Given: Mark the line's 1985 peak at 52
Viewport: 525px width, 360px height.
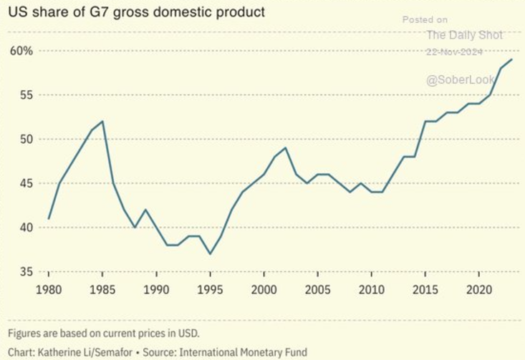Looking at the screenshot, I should tap(103, 121).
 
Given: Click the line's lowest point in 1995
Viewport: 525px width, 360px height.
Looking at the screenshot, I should tap(211, 253).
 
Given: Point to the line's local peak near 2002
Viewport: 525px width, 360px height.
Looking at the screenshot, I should tap(286, 147).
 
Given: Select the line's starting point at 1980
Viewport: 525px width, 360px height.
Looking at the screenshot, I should tap(49, 218).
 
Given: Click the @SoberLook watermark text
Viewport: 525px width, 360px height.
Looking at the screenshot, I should tap(461, 80).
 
